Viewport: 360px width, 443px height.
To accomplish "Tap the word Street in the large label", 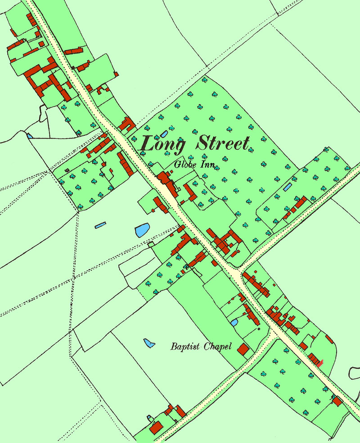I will (222, 144).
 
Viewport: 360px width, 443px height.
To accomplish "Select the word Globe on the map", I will (184, 165).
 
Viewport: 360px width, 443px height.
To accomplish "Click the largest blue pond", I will (142, 231).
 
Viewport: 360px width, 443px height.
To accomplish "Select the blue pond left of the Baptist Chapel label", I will (149, 343).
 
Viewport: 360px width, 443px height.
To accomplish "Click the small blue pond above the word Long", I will (164, 134).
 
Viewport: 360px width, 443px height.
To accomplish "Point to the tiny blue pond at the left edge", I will (29, 135).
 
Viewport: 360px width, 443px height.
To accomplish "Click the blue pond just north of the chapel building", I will (234, 322).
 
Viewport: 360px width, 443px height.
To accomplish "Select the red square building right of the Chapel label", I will (243, 349).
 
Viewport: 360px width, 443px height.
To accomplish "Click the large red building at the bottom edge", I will (156, 427).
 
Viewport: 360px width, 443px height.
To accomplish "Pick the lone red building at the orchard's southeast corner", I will (337, 400).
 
